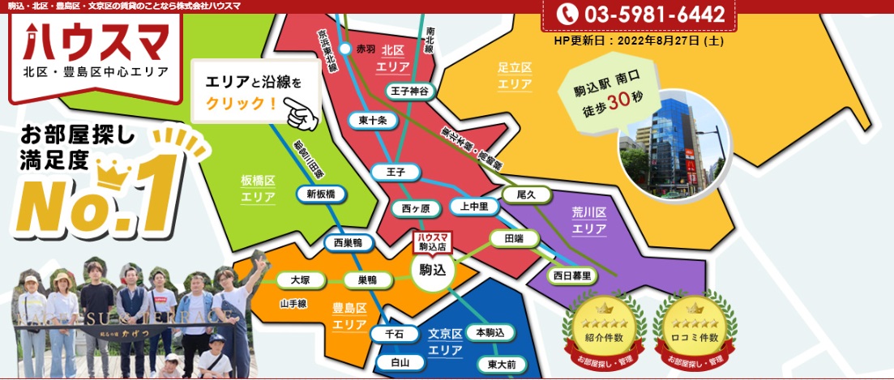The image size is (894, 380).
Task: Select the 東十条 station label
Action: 373,121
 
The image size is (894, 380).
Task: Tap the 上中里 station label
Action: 474,207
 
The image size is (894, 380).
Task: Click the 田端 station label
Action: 514,238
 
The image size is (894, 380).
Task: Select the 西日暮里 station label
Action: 572,275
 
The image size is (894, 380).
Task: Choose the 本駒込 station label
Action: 490,333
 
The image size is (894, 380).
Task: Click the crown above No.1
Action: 114,171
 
